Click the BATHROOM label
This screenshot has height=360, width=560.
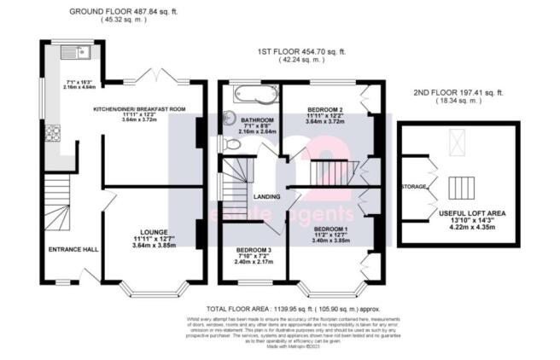coord(257,119)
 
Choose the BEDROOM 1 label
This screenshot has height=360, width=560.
coord(330,229)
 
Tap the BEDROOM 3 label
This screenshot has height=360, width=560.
coord(253,250)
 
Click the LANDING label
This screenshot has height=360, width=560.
coord(268,197)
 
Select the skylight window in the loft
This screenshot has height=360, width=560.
coord(458,141)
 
